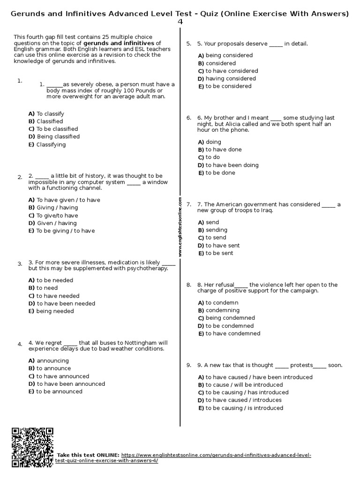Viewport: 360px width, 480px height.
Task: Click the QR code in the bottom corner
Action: [x=32, y=447]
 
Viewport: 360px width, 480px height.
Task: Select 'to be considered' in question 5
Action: [x=228, y=86]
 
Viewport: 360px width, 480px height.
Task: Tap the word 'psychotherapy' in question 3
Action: [x=147, y=269]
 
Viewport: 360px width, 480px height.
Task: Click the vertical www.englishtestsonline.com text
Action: [x=180, y=227]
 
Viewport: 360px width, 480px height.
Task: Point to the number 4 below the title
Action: [x=180, y=22]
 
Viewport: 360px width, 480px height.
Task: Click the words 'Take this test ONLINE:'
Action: [x=88, y=455]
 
